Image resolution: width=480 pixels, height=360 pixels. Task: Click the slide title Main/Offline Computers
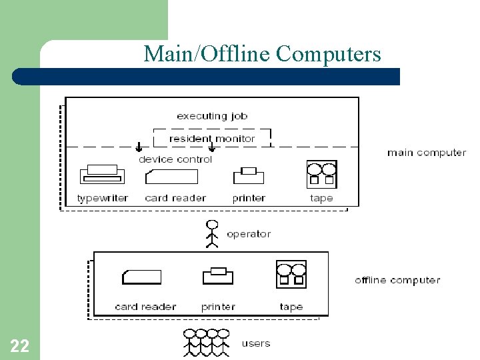262,53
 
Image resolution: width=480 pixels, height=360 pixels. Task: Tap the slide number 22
19,345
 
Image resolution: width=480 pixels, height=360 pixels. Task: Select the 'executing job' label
212,116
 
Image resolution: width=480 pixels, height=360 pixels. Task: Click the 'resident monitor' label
212,139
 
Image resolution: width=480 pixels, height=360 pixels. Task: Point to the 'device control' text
175,159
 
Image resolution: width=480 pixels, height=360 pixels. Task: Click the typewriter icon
102,175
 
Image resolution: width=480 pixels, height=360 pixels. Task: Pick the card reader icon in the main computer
171,176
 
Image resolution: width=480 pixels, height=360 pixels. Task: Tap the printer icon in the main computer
249,175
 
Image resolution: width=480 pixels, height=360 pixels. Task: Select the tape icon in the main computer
321,175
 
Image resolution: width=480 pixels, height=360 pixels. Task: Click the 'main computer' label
427,153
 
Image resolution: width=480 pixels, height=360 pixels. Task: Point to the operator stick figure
212,234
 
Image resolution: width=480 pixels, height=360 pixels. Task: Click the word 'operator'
249,234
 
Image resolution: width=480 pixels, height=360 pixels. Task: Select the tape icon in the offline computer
291,274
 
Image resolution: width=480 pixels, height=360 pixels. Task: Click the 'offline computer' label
397,280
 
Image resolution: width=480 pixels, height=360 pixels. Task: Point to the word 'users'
256,343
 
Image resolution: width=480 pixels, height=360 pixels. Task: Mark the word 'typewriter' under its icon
103,198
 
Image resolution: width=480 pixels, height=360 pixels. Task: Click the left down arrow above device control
139,147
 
